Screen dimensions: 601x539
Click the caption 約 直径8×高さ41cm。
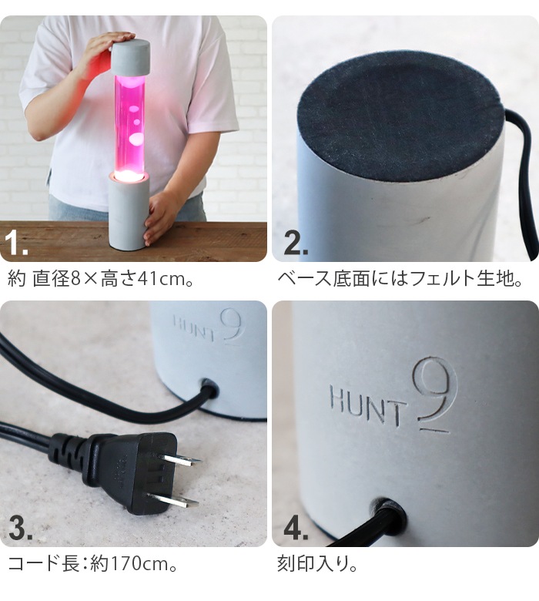point(100,278)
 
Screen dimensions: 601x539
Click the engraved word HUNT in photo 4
point(367,400)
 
